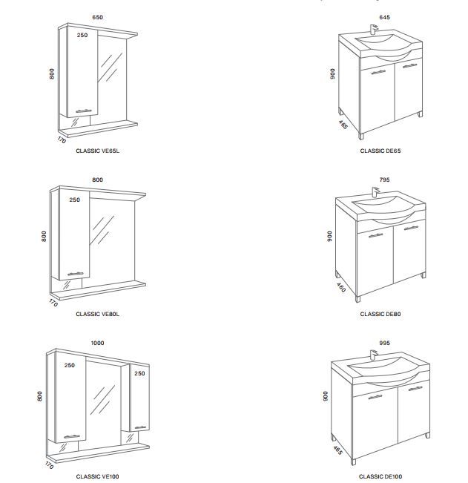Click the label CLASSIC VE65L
(x=97, y=151)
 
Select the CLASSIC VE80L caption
(x=97, y=314)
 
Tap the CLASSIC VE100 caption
(x=97, y=477)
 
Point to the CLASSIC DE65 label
(x=380, y=151)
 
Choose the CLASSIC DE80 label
(x=380, y=314)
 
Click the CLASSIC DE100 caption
(x=380, y=477)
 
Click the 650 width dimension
(x=97, y=17)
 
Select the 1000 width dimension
(x=97, y=343)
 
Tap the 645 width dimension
(x=384, y=17)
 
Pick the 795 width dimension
(x=384, y=180)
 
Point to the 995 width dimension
(x=384, y=343)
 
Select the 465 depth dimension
(x=338, y=450)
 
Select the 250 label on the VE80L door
(x=74, y=200)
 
